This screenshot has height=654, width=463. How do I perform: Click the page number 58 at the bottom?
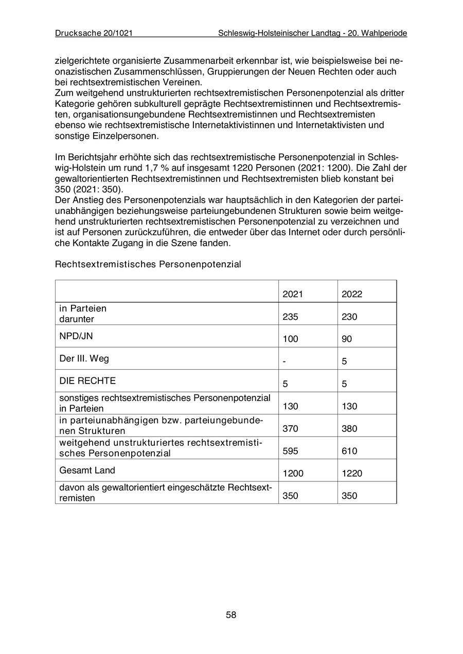coord(231,615)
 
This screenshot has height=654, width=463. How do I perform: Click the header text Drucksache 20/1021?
coord(94,33)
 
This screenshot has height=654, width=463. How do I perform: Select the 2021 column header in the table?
coord(293,294)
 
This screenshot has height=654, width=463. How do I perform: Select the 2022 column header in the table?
coord(352,294)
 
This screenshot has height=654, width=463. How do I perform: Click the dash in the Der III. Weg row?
coord(284,361)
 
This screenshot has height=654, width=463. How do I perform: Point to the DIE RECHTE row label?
coord(87,381)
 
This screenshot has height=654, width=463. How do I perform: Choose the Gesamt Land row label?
coord(87,470)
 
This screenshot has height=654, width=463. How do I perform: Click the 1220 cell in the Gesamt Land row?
coord(352,474)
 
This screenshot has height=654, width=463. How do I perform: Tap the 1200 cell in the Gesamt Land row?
coord(293,474)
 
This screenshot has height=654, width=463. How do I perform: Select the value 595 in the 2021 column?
coord(291,451)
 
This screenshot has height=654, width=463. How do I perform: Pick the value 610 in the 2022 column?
coord(349,451)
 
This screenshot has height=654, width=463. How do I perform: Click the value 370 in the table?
coord(291,429)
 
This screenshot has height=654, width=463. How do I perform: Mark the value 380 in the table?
coord(349,429)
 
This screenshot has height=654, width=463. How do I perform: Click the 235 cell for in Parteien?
coord(291,317)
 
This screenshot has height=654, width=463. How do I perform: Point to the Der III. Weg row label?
coord(84,358)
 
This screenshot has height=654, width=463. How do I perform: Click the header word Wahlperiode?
coord(384,33)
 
